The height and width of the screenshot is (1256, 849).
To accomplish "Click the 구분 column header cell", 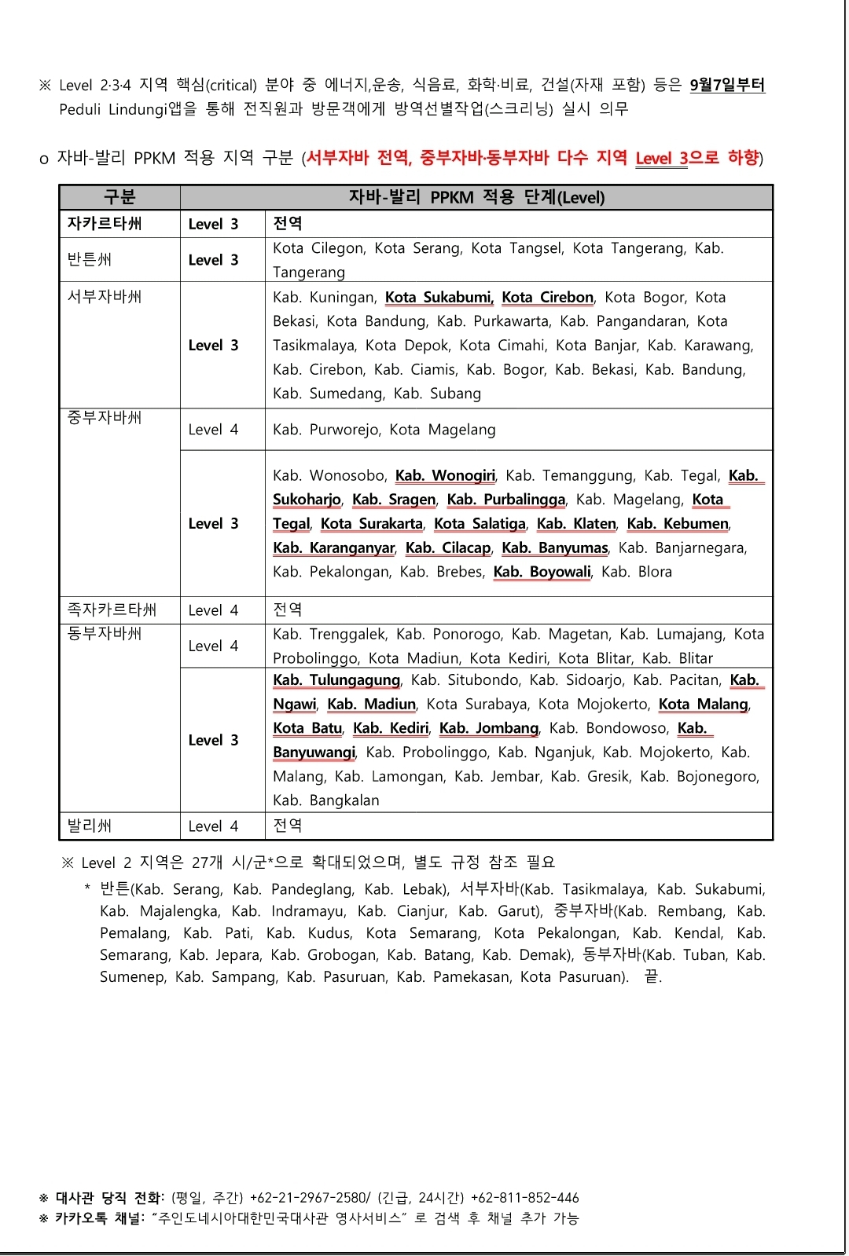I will point(119,197).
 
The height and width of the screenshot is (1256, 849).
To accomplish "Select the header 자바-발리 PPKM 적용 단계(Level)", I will point(476,197).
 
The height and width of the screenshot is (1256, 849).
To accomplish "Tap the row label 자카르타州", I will point(105,224).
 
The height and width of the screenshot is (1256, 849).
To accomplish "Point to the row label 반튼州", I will point(90,259).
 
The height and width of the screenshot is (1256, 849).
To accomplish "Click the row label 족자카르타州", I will point(112,610).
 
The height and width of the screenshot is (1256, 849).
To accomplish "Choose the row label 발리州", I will point(90,826).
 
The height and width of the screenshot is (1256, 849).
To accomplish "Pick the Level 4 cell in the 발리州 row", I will point(213,826).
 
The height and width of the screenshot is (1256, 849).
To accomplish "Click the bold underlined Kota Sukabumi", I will point(439,297).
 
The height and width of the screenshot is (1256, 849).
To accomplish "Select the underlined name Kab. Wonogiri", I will point(445,475).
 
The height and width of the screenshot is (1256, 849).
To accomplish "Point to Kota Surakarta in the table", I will point(372,523).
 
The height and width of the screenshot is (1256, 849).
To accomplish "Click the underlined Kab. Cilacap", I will point(448,547).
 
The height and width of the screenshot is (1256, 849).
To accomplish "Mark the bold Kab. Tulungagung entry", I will point(336,679).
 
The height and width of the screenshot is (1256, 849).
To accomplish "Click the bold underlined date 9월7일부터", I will point(727,85).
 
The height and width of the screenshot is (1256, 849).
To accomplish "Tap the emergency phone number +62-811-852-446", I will point(524,1198).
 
